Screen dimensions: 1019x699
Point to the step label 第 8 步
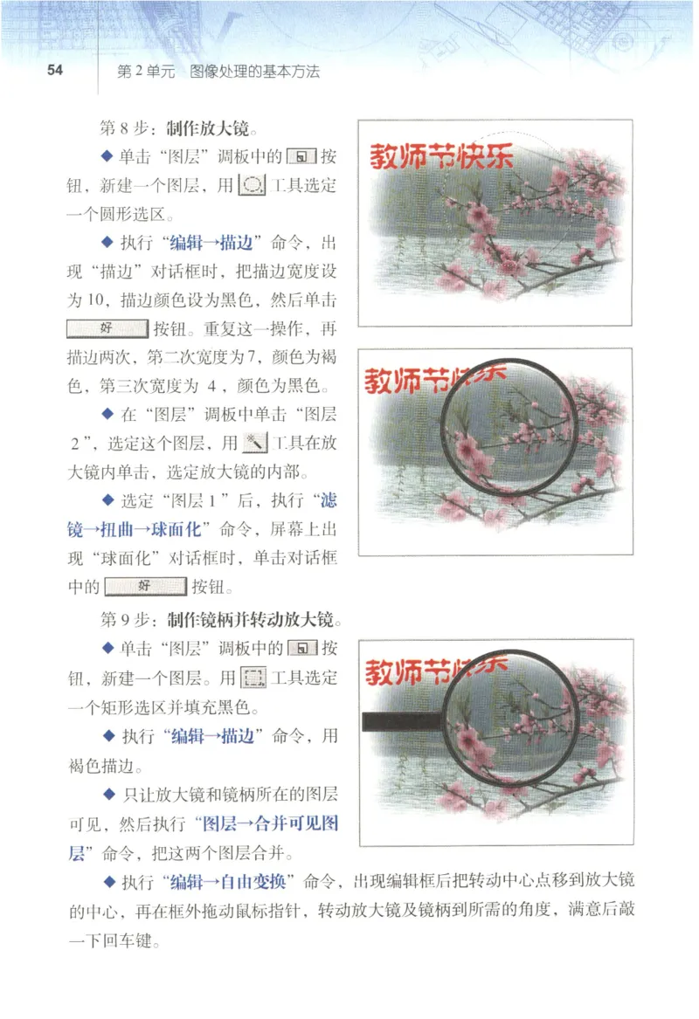pyautogui.click(x=126, y=129)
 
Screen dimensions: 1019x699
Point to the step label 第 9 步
pyautogui.click(x=126, y=620)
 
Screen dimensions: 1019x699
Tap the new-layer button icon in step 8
pyautogui.click(x=302, y=158)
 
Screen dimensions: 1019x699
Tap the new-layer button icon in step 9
pyautogui.click(x=302, y=649)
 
